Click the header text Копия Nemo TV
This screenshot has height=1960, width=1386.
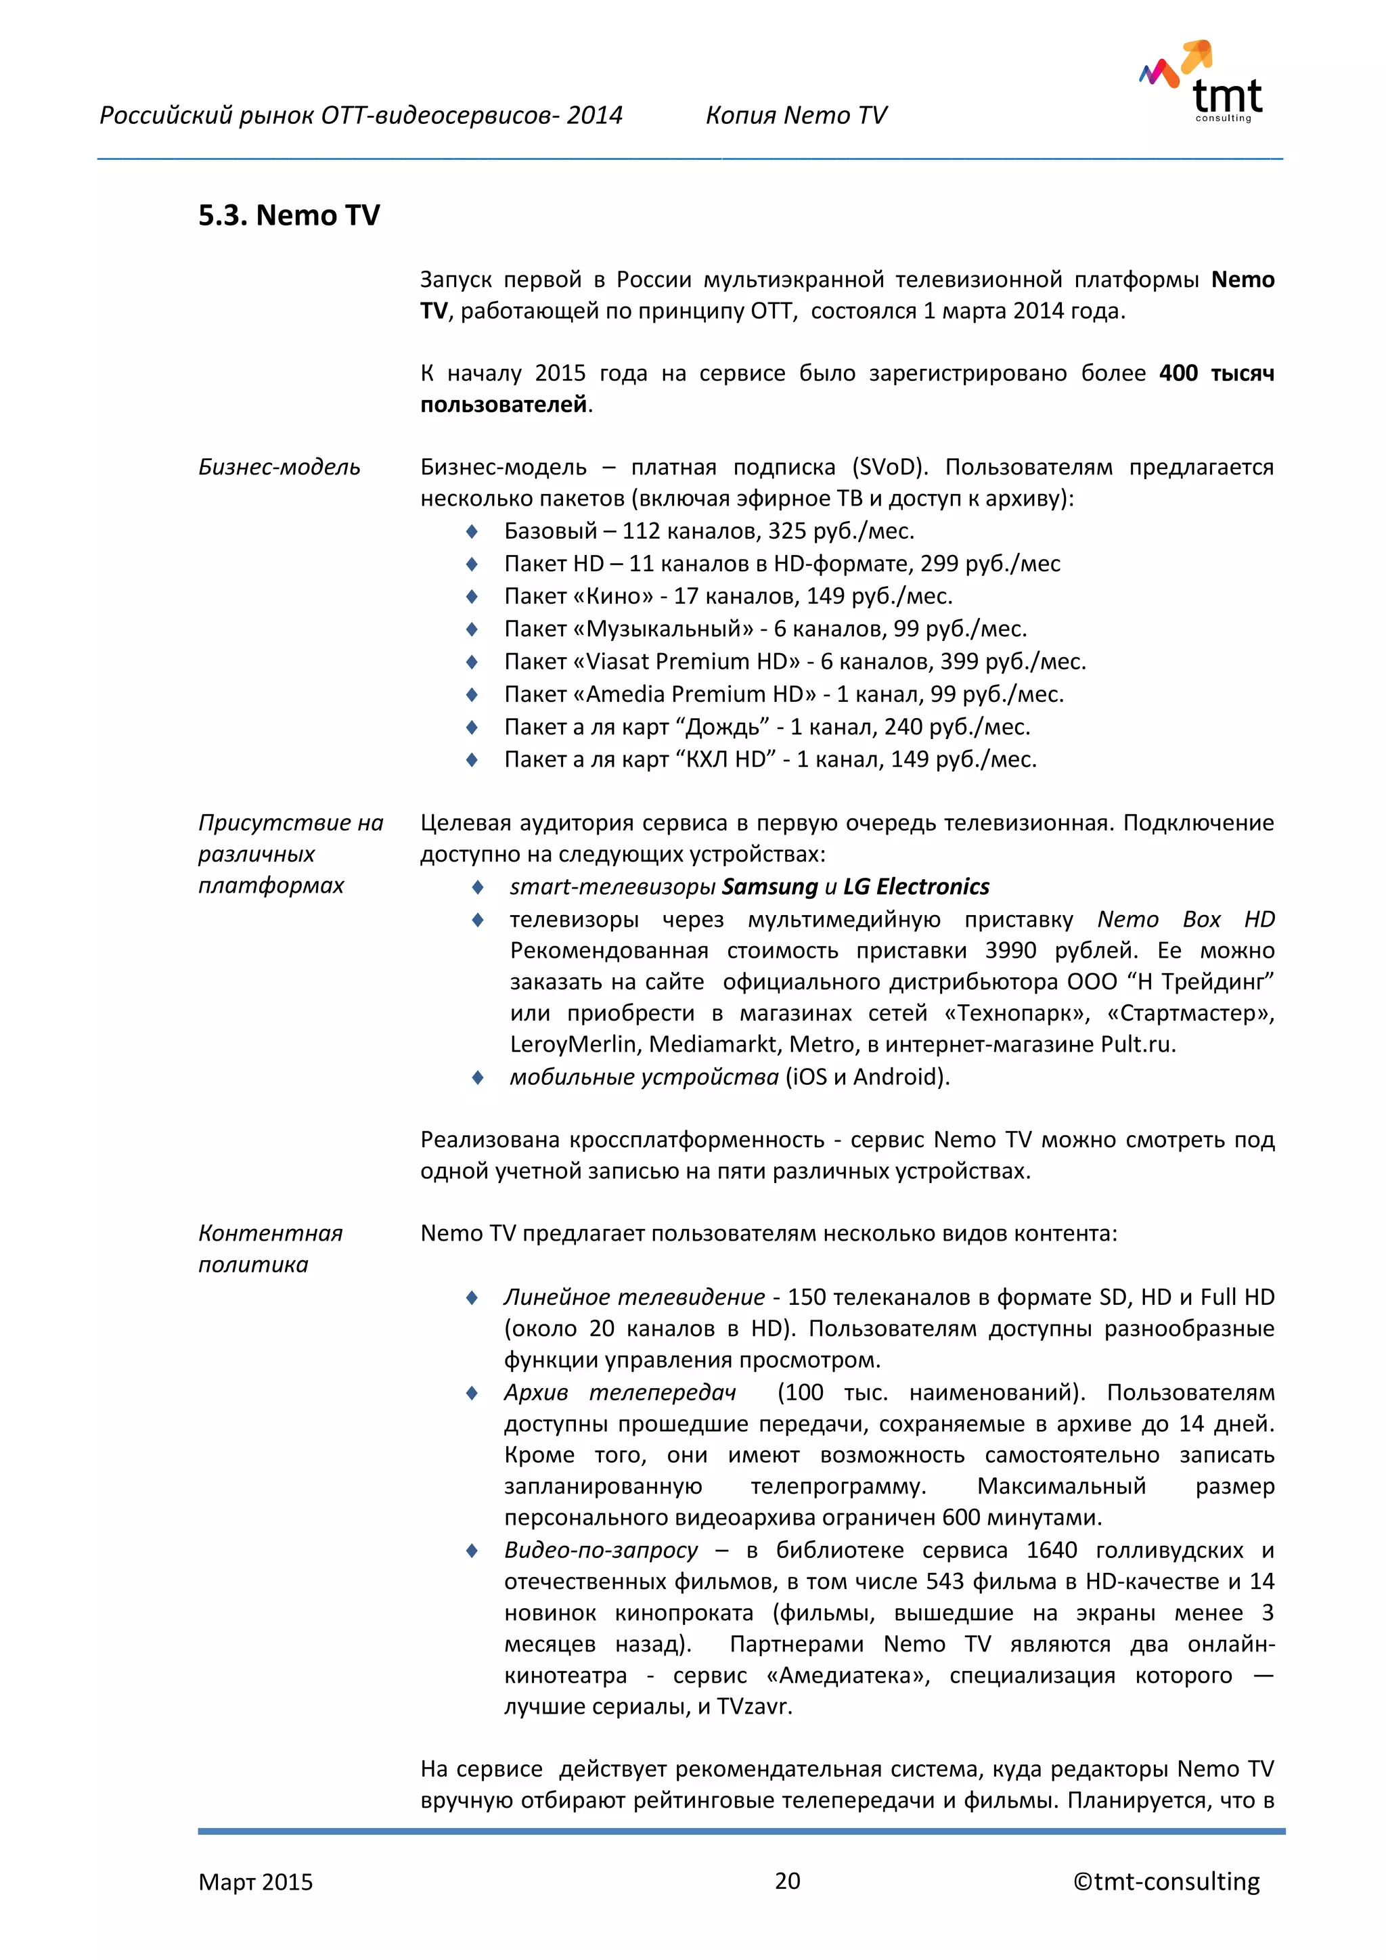[x=795, y=115]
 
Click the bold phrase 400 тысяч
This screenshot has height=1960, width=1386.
[x=1215, y=373]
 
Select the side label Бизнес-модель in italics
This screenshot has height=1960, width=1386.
[x=279, y=467]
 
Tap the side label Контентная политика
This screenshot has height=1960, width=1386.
[x=270, y=1248]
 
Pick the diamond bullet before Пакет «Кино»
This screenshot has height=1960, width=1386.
[x=472, y=597]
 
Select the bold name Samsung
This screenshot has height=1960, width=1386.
[x=769, y=887]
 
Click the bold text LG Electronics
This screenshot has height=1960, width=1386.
[x=916, y=887]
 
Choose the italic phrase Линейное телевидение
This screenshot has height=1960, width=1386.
[x=634, y=1297]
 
